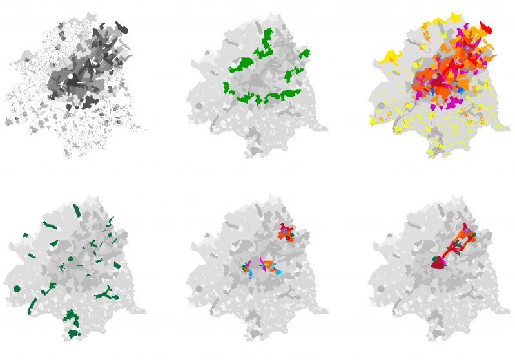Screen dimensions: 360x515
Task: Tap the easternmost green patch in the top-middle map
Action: [x=304, y=53]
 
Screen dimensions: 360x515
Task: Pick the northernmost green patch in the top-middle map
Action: [x=266, y=33]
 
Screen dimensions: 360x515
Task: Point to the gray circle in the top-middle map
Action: [x=199, y=105]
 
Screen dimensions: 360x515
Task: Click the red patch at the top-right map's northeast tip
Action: [x=486, y=28]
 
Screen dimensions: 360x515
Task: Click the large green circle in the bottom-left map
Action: [x=17, y=289]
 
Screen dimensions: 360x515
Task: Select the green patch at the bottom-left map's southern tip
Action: [x=73, y=334]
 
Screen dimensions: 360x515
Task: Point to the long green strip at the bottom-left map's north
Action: [x=77, y=212]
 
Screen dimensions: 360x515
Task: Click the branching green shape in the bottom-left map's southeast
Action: [x=106, y=294]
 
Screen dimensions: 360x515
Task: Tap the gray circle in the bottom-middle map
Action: [x=199, y=289]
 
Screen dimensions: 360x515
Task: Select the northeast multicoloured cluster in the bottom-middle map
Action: [x=286, y=232]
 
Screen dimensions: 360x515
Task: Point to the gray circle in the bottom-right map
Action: [x=382, y=289]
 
